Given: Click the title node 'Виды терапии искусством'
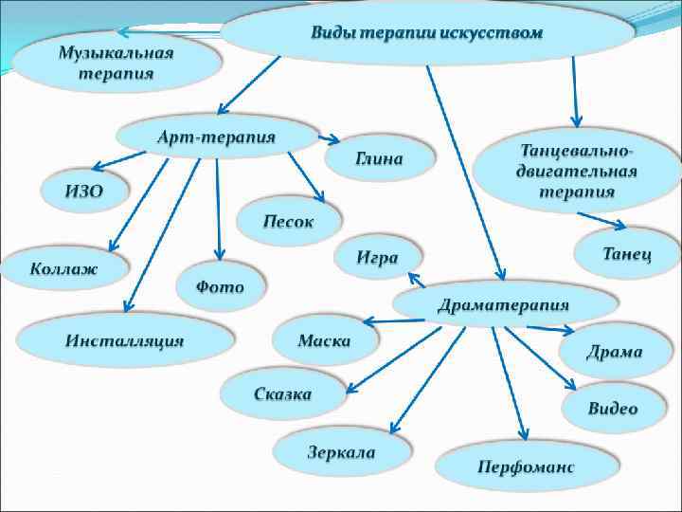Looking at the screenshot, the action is pos(426,32).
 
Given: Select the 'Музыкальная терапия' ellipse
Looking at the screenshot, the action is pos(117,63).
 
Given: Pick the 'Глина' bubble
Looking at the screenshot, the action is pos(379,158).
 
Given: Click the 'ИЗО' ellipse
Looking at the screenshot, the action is pos(83,191).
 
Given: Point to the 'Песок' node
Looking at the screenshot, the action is pos(289,223).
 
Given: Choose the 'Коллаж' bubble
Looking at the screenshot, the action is pos(63,268).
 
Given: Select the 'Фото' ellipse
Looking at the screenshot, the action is pos(220,285).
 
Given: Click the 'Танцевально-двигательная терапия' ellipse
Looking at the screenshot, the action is pos(577,171).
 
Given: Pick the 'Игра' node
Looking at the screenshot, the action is pos(377,257).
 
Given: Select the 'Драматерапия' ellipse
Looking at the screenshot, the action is pos(503,305).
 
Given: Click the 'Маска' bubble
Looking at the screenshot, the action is pos(324,340).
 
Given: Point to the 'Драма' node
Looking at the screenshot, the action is pos(614,352).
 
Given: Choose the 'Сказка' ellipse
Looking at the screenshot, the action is pos(282,393).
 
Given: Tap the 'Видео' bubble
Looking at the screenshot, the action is pos(613,409).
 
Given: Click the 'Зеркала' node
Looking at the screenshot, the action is pos(341,451).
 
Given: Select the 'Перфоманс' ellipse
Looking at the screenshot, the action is pos(526,466).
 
